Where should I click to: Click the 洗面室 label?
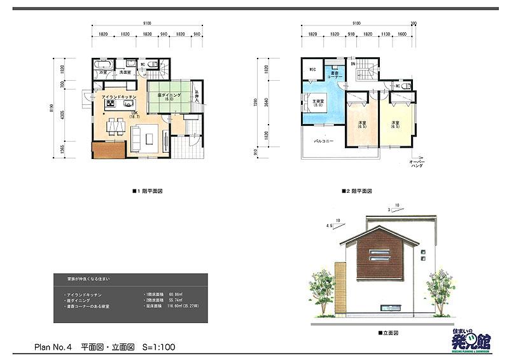125,73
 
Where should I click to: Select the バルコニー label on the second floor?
324,139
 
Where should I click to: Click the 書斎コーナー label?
336,75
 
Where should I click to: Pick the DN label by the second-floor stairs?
352,64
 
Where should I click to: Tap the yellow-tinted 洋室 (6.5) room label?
395,125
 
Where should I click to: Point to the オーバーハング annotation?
417,165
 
